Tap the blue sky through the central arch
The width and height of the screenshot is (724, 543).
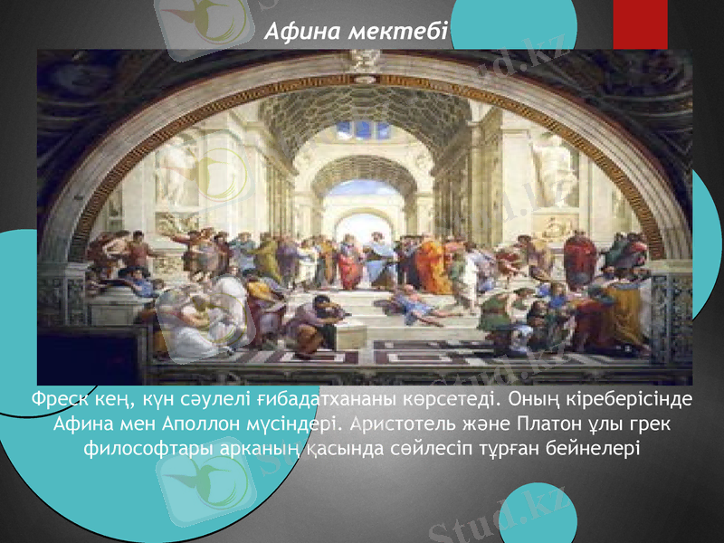click(364, 189)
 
